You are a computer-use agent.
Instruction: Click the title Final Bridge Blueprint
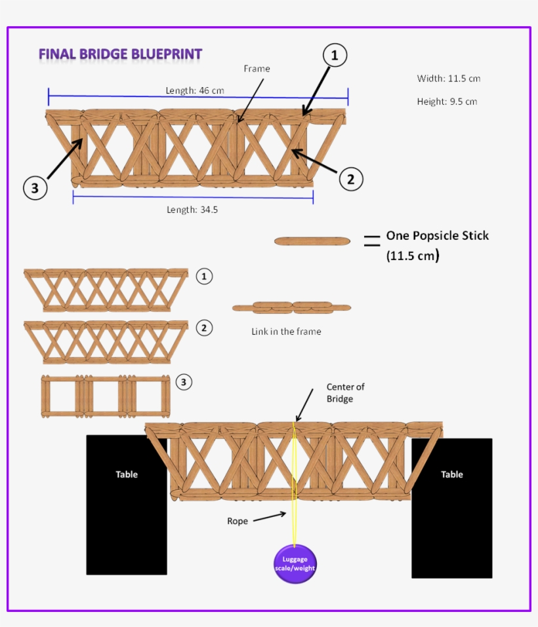pyautogui.click(x=120, y=54)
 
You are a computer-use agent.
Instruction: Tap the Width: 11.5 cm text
pyautogui.click(x=449, y=79)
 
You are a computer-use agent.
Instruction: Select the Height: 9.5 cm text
pyautogui.click(x=447, y=102)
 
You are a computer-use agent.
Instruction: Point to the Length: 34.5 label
pyautogui.click(x=192, y=210)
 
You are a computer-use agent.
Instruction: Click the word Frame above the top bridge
pyautogui.click(x=257, y=68)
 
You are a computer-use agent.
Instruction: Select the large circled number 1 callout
pyautogui.click(x=334, y=56)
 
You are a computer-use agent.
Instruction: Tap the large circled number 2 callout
pyautogui.click(x=351, y=179)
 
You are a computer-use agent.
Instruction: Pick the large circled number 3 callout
pyautogui.click(x=35, y=189)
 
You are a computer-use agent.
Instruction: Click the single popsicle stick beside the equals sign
pyautogui.click(x=312, y=241)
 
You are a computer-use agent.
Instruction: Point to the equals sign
pyautogui.click(x=372, y=241)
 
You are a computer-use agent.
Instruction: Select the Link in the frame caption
pyautogui.click(x=286, y=332)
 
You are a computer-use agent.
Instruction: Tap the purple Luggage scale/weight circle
pyautogui.click(x=295, y=563)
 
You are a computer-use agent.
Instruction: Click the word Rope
pyautogui.click(x=238, y=522)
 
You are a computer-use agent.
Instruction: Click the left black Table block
pyautogui.click(x=127, y=504)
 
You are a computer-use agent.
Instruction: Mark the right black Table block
pyautogui.click(x=451, y=508)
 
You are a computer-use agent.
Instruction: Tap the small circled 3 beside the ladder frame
pyautogui.click(x=184, y=382)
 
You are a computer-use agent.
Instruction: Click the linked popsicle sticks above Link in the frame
pyautogui.click(x=291, y=307)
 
